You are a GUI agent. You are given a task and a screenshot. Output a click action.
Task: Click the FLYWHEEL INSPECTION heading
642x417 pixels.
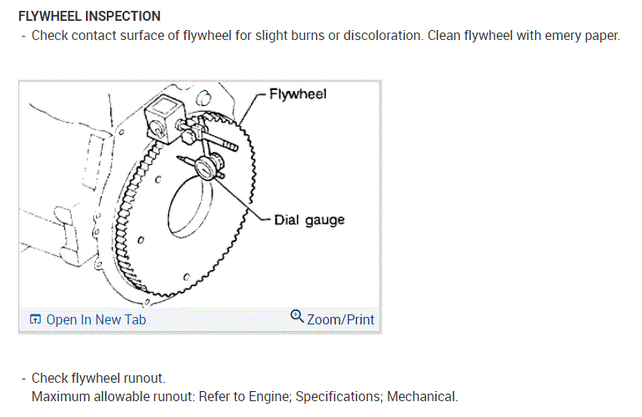click(x=89, y=16)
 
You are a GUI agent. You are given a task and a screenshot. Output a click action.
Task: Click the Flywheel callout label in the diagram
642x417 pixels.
click(x=298, y=94)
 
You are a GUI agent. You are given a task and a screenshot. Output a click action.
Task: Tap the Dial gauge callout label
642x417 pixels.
click(x=309, y=220)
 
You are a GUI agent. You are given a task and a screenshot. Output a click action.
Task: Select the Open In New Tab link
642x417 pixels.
click(x=95, y=319)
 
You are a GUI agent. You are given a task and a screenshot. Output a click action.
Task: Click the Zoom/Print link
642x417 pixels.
click(x=340, y=319)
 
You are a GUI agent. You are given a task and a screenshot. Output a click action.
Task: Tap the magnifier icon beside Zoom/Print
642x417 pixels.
click(x=297, y=317)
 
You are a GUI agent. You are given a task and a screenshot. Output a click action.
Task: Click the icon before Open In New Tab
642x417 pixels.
click(x=35, y=319)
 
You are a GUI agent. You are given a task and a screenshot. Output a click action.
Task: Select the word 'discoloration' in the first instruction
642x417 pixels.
click(x=340, y=38)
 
